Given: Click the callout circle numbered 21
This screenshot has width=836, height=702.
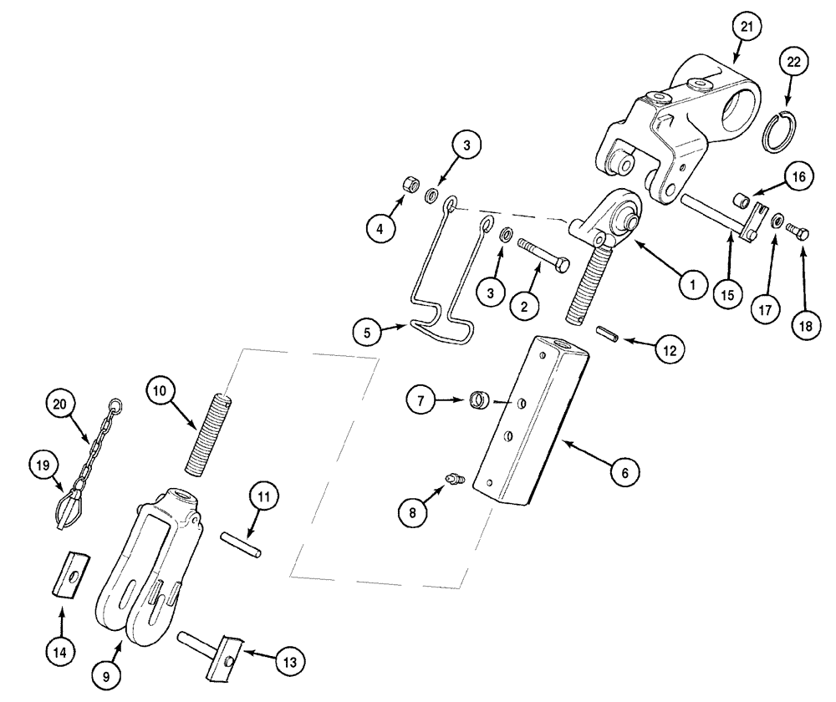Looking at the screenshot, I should pyautogui.click(x=747, y=27).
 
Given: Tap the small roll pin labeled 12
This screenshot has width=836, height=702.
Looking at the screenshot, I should pyautogui.click(x=608, y=336).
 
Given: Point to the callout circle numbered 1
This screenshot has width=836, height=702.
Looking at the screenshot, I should pyautogui.click(x=691, y=284).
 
